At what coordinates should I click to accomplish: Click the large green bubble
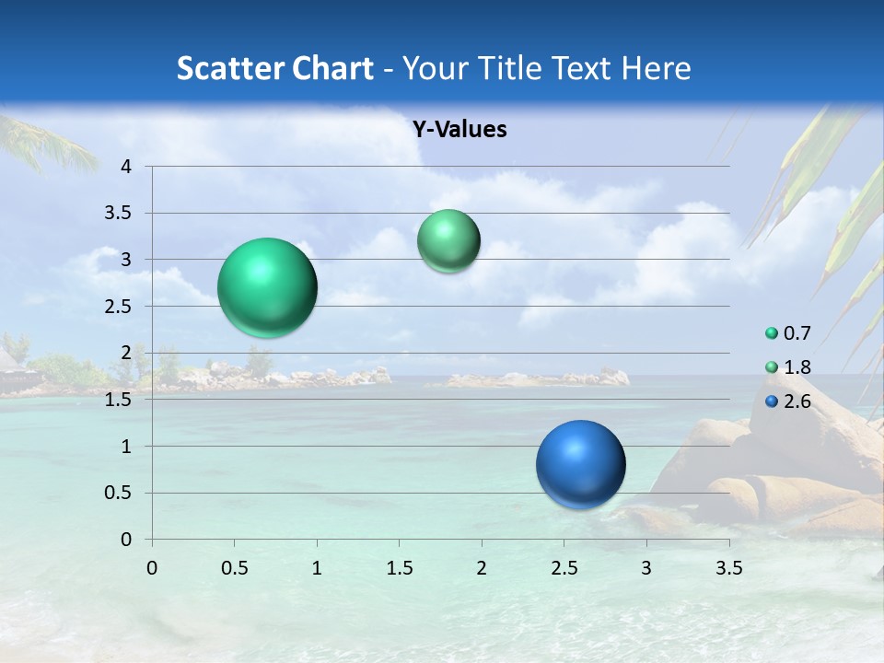click(267, 287)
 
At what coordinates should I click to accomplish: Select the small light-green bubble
click(448, 241)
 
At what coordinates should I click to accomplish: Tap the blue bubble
click(580, 464)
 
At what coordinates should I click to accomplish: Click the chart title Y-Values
click(459, 130)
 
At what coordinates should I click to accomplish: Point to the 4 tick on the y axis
click(127, 167)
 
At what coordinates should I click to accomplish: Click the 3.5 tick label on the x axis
click(728, 568)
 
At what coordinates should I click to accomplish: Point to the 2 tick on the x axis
click(482, 568)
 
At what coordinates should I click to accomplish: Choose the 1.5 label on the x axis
click(399, 568)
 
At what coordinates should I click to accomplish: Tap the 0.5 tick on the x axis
click(234, 568)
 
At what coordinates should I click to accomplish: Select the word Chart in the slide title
click(332, 68)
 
